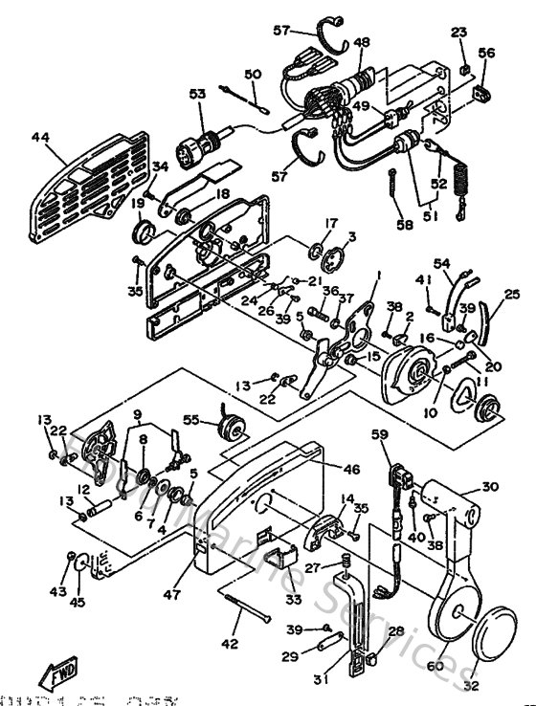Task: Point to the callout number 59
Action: click(380, 436)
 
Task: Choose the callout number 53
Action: click(197, 94)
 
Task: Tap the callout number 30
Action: click(490, 486)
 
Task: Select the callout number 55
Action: click(191, 420)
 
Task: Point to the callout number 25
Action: click(513, 296)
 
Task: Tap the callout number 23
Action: click(458, 33)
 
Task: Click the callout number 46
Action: click(324, 469)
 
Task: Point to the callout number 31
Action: click(303, 225)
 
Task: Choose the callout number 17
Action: click(303, 225)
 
